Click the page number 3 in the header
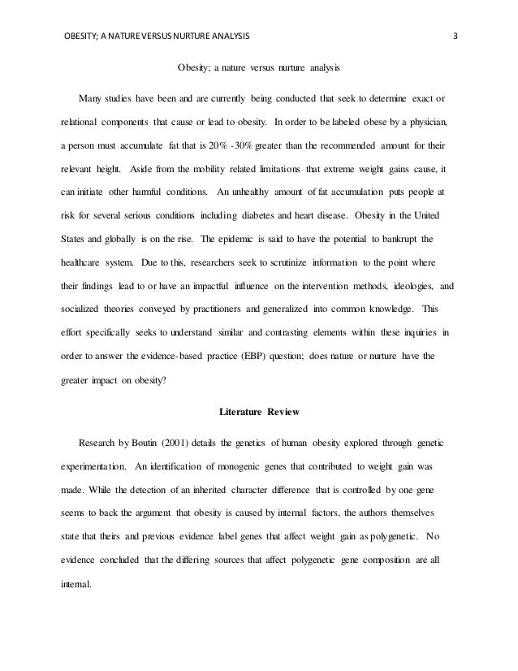click(x=455, y=36)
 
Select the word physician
click(x=425, y=123)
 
